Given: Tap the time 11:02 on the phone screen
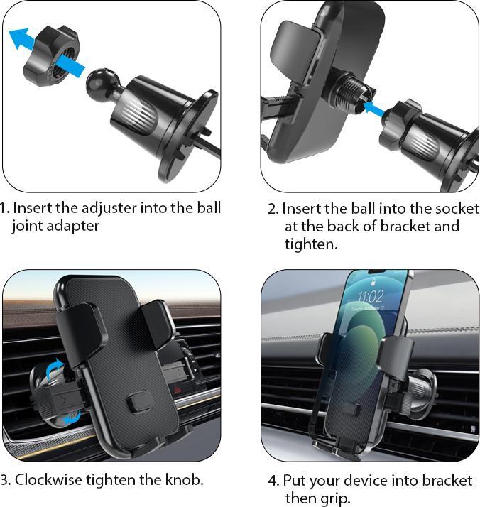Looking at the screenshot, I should pyautogui.click(x=369, y=295).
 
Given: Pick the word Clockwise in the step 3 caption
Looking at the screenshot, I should pyautogui.click(x=48, y=479).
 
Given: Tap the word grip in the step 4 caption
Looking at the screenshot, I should pyautogui.click(x=335, y=498).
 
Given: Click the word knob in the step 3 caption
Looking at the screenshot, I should pyautogui.click(x=186, y=479).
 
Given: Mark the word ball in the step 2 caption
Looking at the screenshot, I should pyautogui.click(x=357, y=209).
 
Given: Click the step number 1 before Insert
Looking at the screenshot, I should pyautogui.click(x=4, y=208).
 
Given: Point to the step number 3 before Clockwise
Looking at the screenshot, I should pyautogui.click(x=4, y=479).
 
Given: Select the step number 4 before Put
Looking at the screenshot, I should pyautogui.click(x=273, y=481).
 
